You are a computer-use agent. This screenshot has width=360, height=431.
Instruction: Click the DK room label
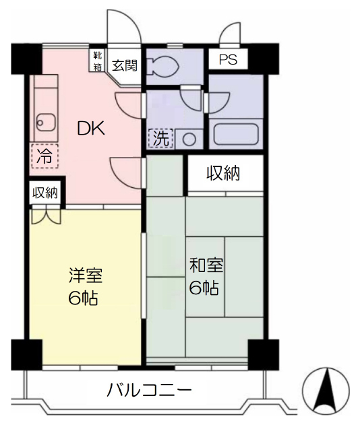coord(91,128)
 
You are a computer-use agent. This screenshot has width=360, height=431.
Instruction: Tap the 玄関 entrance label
coord(125,65)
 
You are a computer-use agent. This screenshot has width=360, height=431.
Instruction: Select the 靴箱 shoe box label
coord(98,61)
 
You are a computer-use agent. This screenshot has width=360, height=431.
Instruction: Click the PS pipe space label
coord(228,59)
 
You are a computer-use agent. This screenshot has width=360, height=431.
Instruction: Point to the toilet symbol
coord(162,66)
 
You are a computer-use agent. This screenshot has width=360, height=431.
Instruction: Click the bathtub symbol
coord(236,134)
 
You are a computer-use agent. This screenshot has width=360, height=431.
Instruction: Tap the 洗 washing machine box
coord(161,139)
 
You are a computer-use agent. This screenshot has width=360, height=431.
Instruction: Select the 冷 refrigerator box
coord(45,156)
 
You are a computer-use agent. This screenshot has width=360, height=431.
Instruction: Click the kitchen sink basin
coord(46,123)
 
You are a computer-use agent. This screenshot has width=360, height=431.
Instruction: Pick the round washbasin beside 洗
coord(189,139)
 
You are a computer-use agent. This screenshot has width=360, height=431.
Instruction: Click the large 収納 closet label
coord(223,173)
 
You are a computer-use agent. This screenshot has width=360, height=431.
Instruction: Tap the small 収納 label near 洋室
coord(45,193)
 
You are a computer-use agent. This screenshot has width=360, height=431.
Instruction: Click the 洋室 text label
coord(86,275)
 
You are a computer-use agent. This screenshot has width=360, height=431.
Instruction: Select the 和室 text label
coord(206,265)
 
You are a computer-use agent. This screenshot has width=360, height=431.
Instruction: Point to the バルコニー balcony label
coord(149,390)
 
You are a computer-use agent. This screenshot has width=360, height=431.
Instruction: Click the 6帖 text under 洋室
coord(83,298)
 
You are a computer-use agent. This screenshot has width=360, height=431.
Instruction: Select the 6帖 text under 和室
coord(204,288)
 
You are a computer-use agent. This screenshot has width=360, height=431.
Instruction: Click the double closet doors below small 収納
coord(46,217)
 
